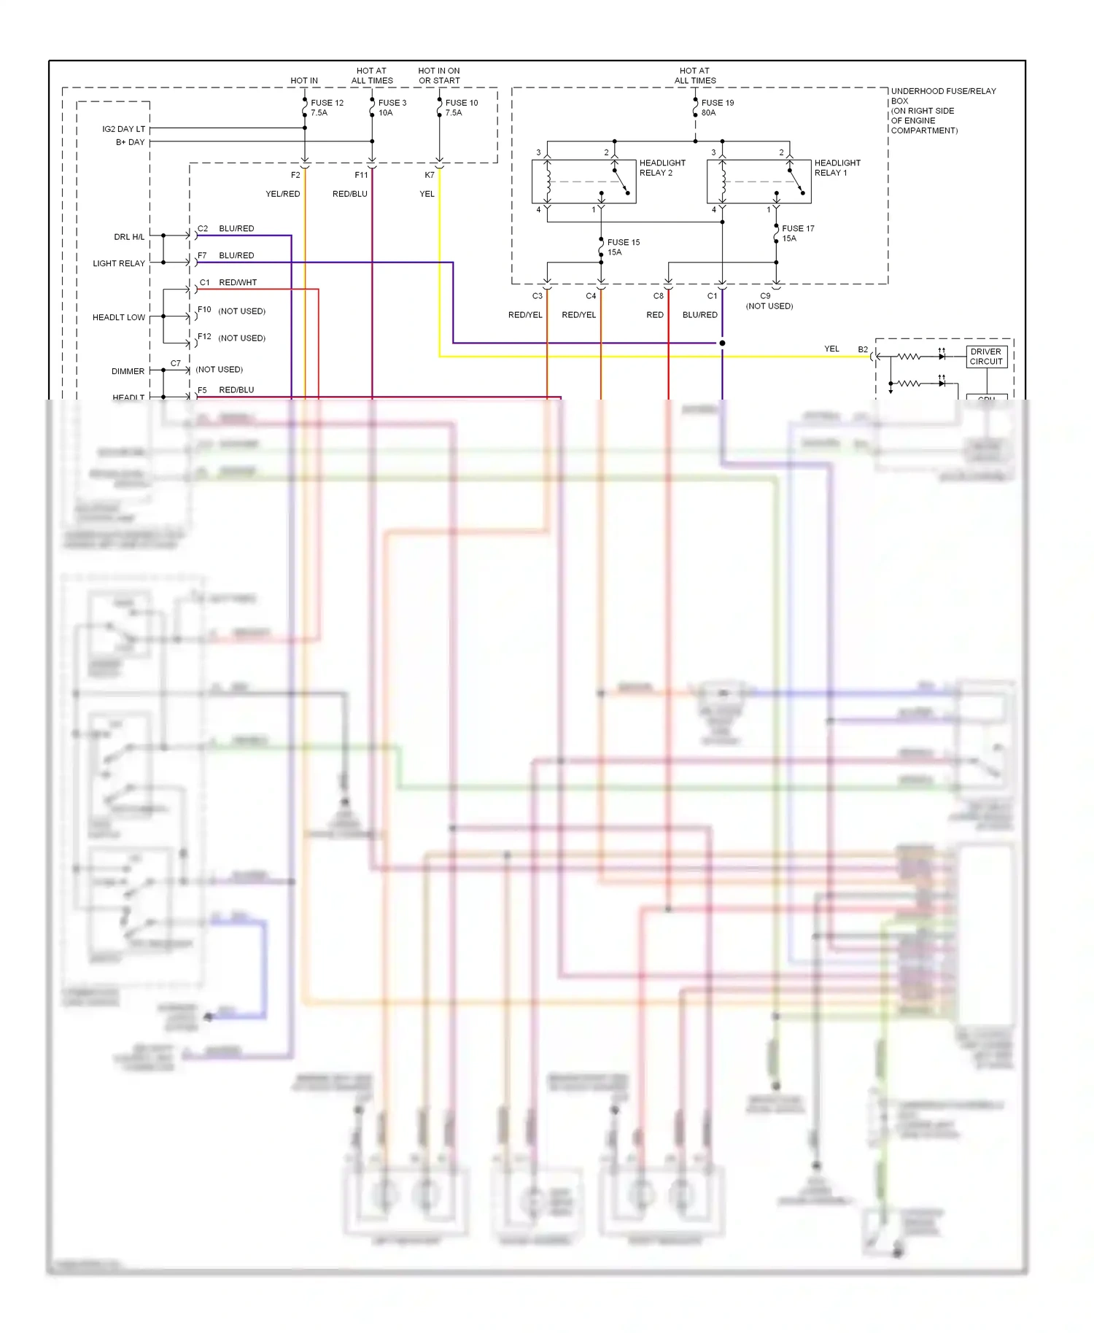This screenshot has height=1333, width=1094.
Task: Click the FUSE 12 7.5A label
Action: [326, 108]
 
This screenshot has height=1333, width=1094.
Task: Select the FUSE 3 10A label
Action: [392, 108]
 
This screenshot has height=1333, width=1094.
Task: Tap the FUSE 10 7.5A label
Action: [461, 108]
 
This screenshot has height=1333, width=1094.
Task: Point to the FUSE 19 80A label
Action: [717, 108]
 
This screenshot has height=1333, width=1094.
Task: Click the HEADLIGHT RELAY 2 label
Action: [662, 168]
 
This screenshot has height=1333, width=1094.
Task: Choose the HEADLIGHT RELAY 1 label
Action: [837, 168]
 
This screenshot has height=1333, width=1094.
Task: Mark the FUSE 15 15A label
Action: [623, 247]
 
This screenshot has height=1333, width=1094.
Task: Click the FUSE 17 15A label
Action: [797, 233]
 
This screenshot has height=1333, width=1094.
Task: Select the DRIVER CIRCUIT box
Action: [986, 357]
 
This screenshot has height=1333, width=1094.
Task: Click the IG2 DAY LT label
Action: [123, 129]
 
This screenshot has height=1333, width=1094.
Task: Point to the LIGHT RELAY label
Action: [118, 263]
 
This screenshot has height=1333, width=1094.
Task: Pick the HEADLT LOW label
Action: [118, 317]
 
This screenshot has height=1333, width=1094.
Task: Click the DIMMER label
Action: [128, 371]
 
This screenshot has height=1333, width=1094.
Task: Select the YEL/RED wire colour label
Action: [282, 194]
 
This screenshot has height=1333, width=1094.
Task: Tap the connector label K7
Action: [429, 175]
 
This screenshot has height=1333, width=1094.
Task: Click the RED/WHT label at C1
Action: [238, 282]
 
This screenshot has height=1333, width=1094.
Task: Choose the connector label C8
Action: [658, 296]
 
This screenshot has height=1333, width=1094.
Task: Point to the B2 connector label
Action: [863, 349]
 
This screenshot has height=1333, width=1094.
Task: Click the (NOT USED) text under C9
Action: [769, 306]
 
